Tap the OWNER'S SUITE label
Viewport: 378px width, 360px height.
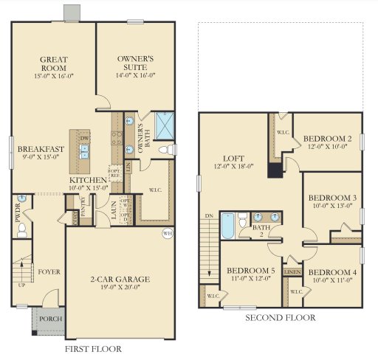(135, 62)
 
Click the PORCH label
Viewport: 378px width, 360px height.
(51, 319)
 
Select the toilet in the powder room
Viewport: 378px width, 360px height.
(21, 229)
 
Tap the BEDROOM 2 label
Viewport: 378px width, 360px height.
(329, 138)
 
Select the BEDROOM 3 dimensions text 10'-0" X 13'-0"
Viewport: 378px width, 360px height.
(332, 207)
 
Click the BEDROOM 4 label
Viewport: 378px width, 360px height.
(332, 272)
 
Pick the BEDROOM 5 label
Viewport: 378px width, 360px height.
(250, 271)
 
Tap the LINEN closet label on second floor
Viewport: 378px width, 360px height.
(293, 272)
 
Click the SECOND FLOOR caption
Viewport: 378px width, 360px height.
(280, 318)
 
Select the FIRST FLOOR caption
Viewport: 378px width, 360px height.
(93, 349)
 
